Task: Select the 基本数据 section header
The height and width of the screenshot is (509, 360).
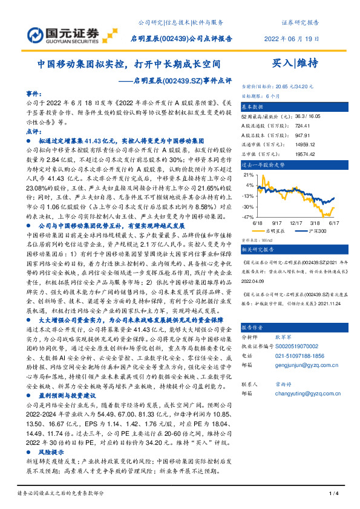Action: point(255,105)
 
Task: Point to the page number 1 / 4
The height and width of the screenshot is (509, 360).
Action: point(332,494)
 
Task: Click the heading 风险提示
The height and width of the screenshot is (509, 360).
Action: point(52,452)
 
